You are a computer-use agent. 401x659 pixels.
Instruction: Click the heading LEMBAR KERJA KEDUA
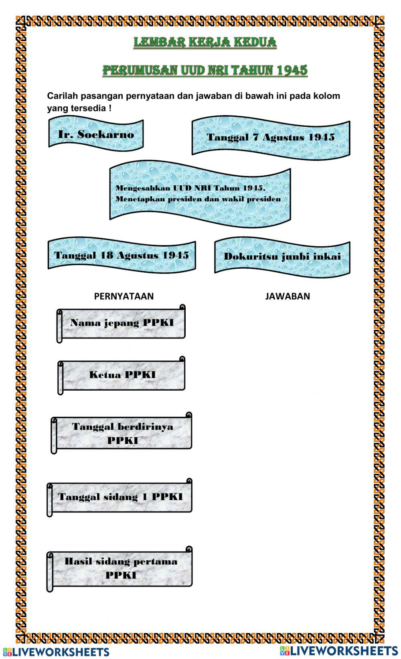pyautogui.click(x=205, y=42)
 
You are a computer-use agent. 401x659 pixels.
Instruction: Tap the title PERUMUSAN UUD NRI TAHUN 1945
pyautogui.click(x=205, y=70)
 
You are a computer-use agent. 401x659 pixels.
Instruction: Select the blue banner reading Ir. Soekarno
pyautogui.click(x=96, y=134)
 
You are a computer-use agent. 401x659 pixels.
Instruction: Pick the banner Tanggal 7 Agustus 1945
pyautogui.click(x=271, y=137)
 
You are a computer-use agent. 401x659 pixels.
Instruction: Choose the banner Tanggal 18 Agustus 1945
pyautogui.click(x=122, y=255)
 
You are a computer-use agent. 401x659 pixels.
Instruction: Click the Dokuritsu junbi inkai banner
pyautogui.click(x=282, y=257)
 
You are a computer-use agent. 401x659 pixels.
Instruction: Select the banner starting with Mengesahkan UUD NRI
pyautogui.click(x=200, y=193)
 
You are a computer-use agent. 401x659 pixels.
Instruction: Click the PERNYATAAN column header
pyautogui.click(x=124, y=296)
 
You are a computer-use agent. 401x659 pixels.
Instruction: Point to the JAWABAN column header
pyautogui.click(x=288, y=296)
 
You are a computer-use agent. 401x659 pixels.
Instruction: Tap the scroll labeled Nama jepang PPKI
pyautogui.click(x=122, y=323)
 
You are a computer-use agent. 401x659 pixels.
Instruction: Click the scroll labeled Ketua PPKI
pyautogui.click(x=122, y=375)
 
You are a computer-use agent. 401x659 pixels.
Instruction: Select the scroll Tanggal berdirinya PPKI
pyautogui.click(x=122, y=434)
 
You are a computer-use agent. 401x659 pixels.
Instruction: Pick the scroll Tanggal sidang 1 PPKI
pyautogui.click(x=120, y=497)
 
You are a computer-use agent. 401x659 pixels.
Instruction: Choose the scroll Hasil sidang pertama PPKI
pyautogui.click(x=121, y=568)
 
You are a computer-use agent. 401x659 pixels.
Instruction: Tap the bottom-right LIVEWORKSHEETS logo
pyautogui.click(x=339, y=650)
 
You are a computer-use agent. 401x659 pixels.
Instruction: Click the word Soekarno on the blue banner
pyautogui.click(x=106, y=134)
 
